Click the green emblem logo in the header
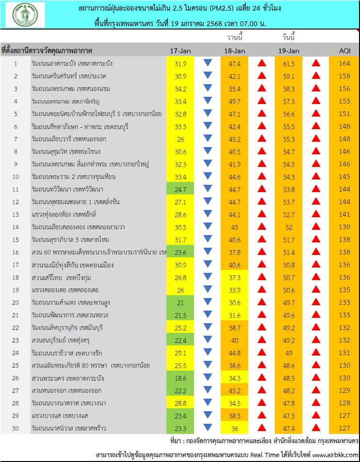pyautogui.click(x=27, y=15)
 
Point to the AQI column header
pyautogui.click(x=344, y=51)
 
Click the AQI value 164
pyautogui.click(x=344, y=63)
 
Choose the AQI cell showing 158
pyautogui.click(x=344, y=76)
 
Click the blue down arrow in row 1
pyautogui.click(x=208, y=63)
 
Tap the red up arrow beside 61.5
pyautogui.click(x=316, y=63)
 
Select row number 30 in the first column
pyautogui.click(x=15, y=428)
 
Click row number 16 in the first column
pyautogui.click(x=15, y=252)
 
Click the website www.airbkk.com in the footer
pyautogui.click(x=335, y=455)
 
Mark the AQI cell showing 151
pyautogui.click(x=344, y=114)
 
